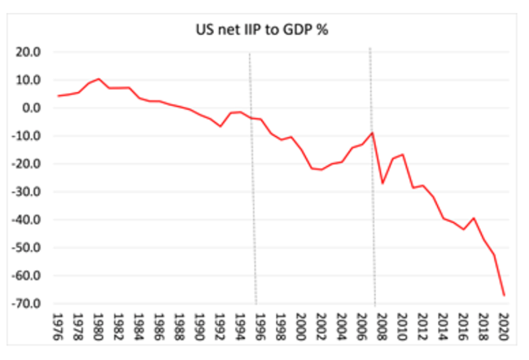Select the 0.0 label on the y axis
pos(33,108)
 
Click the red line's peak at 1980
pos(98,79)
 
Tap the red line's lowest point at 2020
pos(504,295)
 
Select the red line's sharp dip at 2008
pos(383,183)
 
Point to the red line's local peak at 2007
pos(372,133)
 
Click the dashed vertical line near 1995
pos(252,179)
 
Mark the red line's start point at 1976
pos(58,96)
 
